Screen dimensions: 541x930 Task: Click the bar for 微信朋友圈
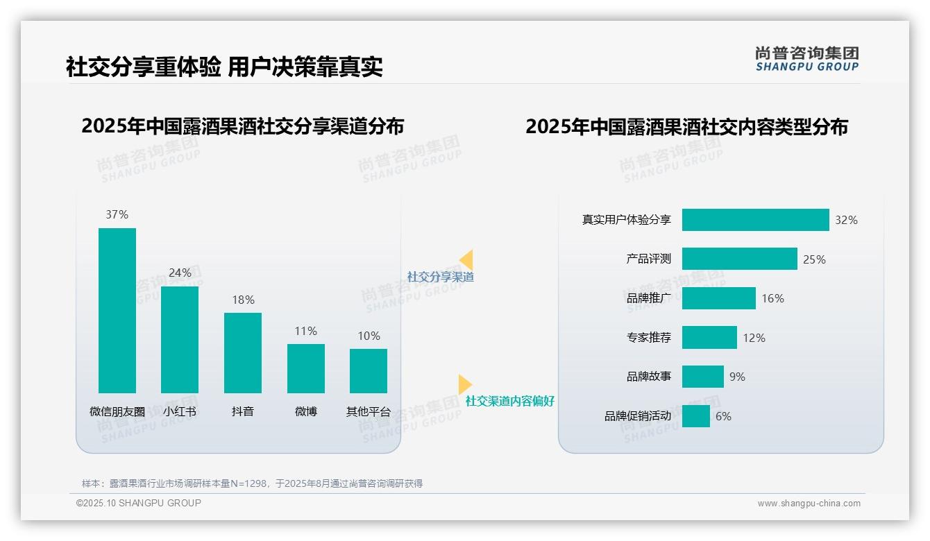(x=117, y=310)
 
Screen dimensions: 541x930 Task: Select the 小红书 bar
(x=180, y=339)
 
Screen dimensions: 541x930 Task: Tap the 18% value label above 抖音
(x=243, y=300)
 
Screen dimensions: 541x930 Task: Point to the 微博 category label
(x=306, y=411)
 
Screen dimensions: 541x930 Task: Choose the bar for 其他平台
(x=369, y=370)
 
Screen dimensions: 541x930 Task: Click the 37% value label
(x=117, y=214)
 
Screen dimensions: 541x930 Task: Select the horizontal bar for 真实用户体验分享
(x=755, y=220)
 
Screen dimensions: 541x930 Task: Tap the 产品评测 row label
(x=648, y=259)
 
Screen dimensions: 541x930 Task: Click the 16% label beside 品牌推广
(x=772, y=298)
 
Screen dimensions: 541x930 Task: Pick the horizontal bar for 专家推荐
(x=709, y=338)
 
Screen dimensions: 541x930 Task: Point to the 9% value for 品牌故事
(x=737, y=377)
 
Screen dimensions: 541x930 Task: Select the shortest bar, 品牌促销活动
(x=696, y=416)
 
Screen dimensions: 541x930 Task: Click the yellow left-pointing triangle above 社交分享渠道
(x=466, y=260)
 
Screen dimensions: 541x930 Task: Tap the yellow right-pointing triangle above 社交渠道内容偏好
(x=464, y=384)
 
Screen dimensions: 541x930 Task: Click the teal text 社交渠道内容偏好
(x=509, y=401)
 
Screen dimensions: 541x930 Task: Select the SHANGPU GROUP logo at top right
(x=807, y=59)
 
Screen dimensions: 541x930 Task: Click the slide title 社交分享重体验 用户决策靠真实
(x=224, y=67)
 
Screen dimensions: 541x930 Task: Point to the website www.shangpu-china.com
(x=809, y=504)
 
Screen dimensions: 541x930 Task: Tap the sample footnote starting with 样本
(x=252, y=483)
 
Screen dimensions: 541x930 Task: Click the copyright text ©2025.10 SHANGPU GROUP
(x=139, y=503)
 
